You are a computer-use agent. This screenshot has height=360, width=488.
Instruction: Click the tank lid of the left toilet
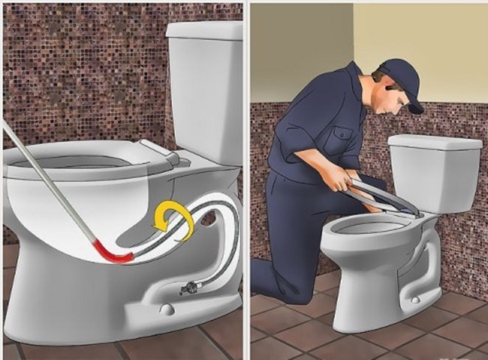[204, 30]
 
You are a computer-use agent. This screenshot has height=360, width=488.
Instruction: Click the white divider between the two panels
[246, 180]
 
